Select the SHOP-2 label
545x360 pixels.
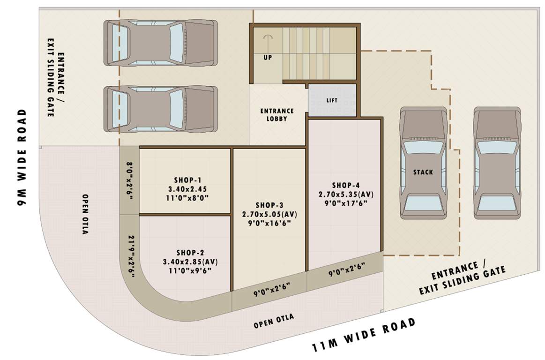pyautogui.click(x=190, y=252)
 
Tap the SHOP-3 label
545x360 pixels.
pyautogui.click(x=269, y=205)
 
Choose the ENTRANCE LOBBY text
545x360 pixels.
pyautogui.click(x=277, y=115)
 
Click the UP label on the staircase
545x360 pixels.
pyautogui.click(x=268, y=57)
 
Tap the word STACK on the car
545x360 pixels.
pyautogui.click(x=423, y=172)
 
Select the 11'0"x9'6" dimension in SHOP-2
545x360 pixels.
pyautogui.click(x=190, y=270)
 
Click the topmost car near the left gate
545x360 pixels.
pyautogui.click(x=159, y=42)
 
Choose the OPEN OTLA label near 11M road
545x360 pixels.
pyautogui.click(x=274, y=321)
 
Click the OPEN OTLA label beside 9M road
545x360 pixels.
pyautogui.click(x=85, y=214)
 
